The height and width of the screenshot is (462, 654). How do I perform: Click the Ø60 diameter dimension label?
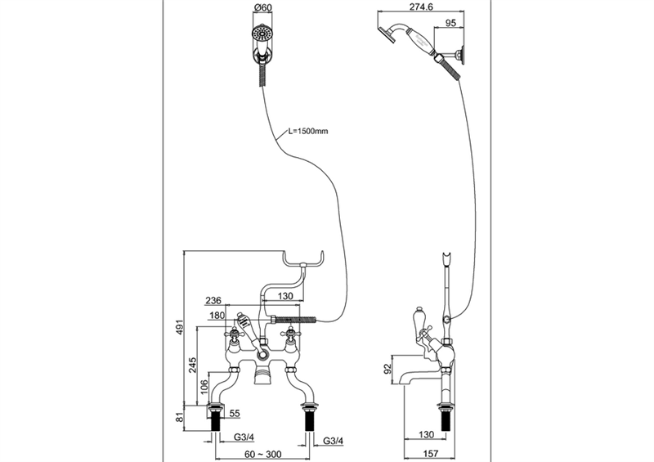point(262,7)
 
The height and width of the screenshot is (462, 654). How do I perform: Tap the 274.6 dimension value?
point(421,7)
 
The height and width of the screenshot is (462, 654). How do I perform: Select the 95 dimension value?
point(451,23)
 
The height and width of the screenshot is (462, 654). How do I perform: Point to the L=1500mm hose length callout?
point(308,131)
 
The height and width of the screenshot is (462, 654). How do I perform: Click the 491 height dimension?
point(179,330)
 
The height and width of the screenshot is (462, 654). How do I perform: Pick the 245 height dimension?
point(192,366)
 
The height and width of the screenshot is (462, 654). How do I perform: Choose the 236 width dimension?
point(213,301)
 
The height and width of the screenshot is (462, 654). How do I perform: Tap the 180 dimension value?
point(217,316)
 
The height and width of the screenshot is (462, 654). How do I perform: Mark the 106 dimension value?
point(204,388)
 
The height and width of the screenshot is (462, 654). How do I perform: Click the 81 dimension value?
point(179,417)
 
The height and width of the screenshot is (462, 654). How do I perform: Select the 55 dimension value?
point(235,413)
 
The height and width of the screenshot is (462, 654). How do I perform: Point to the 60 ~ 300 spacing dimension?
point(262,454)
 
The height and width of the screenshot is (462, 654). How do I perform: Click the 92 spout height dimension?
point(387,369)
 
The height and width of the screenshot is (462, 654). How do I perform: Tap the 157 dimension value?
point(431,453)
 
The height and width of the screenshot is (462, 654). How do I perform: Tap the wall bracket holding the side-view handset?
point(459,55)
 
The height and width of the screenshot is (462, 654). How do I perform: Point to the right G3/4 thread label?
point(334,441)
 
